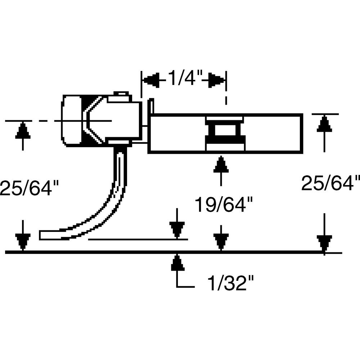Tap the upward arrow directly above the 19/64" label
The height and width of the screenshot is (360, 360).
point(221,166)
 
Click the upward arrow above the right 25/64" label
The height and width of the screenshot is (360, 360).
point(325,125)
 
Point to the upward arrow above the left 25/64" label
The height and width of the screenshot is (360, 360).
point(23,131)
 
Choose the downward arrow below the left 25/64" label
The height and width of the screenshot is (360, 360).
point(23,240)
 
